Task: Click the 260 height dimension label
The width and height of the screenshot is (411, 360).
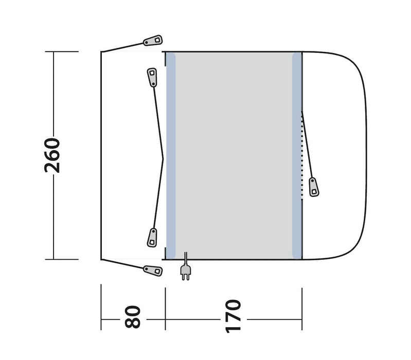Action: coord(52,155)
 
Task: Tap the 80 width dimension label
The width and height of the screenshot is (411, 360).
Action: coord(133,317)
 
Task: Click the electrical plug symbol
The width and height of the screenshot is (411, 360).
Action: coord(186,273)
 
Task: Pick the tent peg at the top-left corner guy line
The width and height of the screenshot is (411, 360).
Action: coord(153,40)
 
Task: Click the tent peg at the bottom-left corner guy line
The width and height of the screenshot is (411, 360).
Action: coord(153,271)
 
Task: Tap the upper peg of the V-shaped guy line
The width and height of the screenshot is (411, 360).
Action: coord(152,77)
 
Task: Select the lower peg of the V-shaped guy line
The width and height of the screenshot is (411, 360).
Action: coord(152,238)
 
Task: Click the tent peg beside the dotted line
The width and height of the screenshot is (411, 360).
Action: coord(314,187)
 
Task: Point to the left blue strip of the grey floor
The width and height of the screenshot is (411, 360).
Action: coord(171,156)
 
